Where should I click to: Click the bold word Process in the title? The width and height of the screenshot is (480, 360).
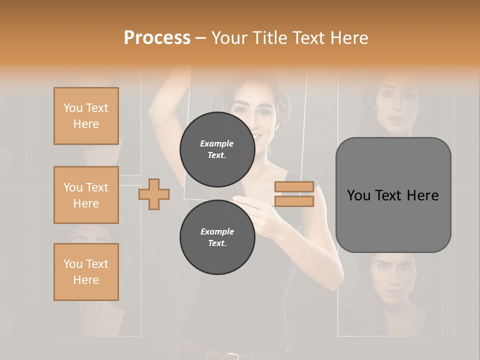[157, 38]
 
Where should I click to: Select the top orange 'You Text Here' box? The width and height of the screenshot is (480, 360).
[86, 116]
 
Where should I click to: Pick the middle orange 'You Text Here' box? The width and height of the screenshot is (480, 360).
[86, 195]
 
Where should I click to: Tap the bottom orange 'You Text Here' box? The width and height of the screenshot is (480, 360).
[86, 271]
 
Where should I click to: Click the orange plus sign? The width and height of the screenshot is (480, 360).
[154, 194]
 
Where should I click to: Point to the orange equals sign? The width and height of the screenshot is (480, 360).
[294, 194]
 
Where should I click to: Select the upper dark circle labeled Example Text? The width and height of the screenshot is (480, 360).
[217, 149]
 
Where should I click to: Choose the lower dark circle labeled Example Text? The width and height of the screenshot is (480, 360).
[217, 237]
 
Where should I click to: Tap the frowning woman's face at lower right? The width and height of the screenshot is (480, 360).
[393, 277]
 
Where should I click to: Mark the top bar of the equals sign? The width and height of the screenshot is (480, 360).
[294, 187]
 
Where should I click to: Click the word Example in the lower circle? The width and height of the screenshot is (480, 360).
[217, 231]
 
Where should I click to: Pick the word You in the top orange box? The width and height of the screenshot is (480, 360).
[73, 108]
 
